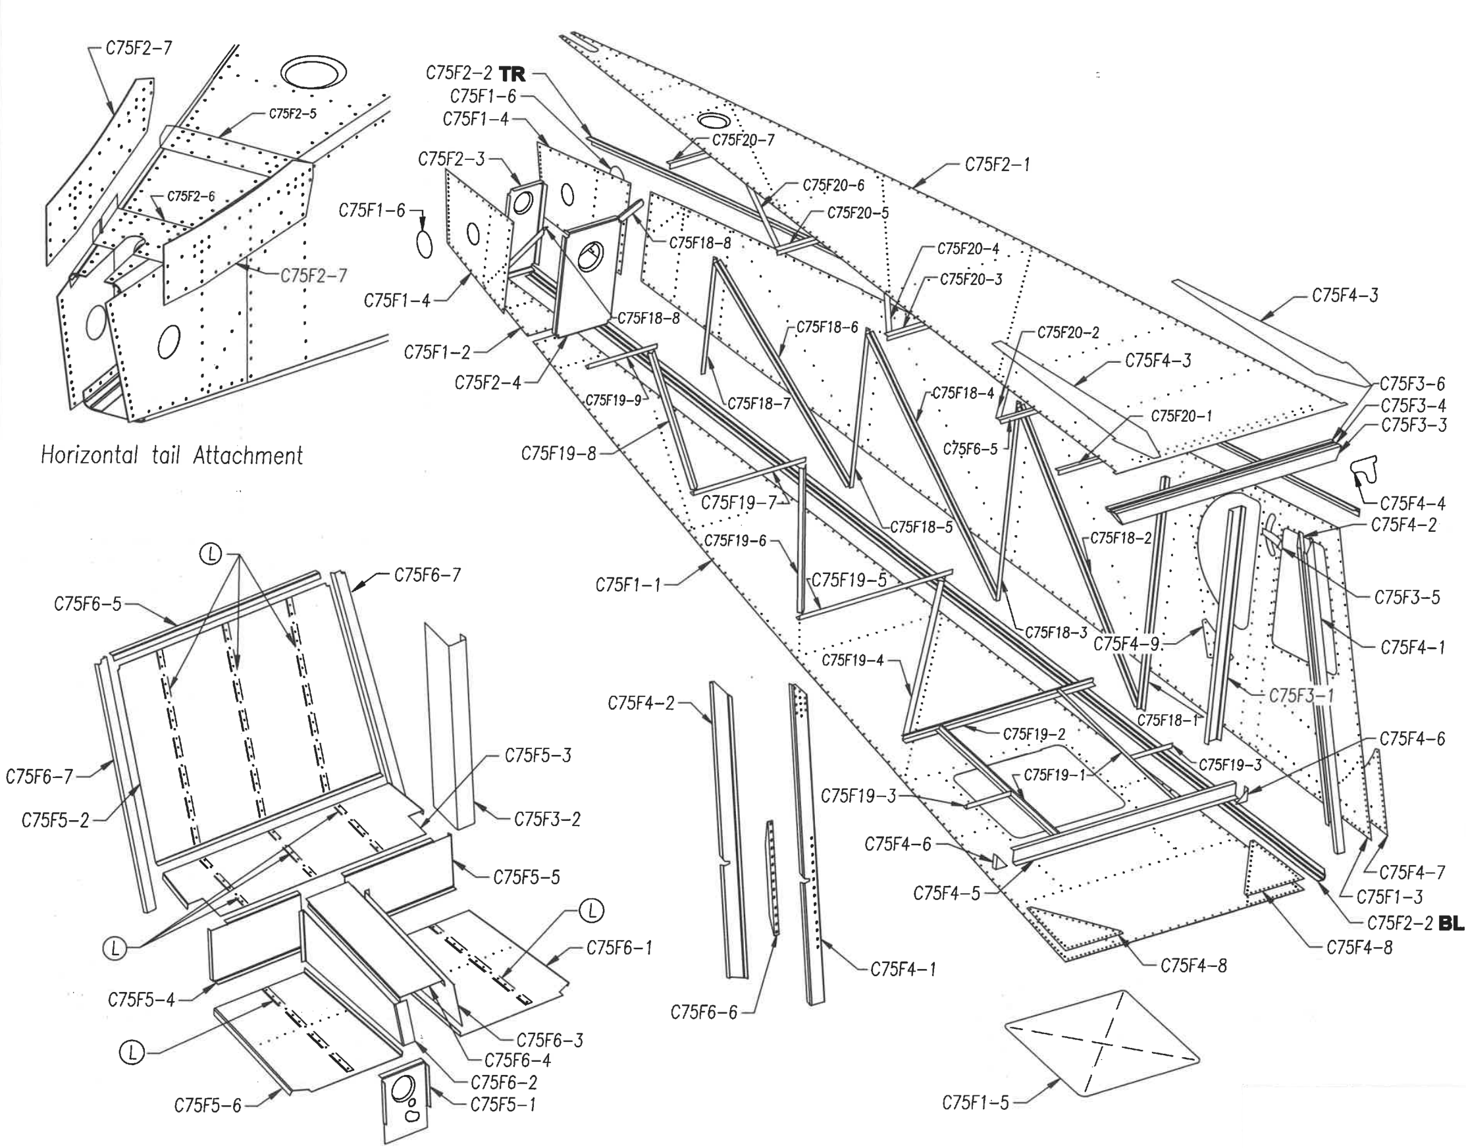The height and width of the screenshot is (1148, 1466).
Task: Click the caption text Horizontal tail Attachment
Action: click(x=172, y=455)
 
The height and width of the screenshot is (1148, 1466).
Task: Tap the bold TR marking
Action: click(x=512, y=73)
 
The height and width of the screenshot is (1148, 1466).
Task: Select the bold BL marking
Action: click(x=1451, y=924)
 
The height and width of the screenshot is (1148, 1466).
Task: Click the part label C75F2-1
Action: click(x=997, y=165)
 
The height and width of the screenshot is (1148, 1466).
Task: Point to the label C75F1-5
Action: click(x=976, y=1103)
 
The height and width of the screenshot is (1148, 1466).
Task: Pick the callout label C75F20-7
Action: click(x=743, y=140)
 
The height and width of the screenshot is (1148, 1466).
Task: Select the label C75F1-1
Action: click(x=629, y=585)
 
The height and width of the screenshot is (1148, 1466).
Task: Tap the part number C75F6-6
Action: click(x=704, y=1012)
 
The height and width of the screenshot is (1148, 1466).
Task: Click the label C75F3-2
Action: click(x=547, y=820)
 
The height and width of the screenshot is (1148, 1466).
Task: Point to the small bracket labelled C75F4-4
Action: click(x=1365, y=471)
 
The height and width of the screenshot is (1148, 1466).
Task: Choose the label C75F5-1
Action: click(x=503, y=1105)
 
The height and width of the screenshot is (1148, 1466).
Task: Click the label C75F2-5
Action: click(x=292, y=114)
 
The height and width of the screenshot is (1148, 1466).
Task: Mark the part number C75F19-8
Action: click(x=559, y=454)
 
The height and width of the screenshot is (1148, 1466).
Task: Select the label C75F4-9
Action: click(x=1126, y=644)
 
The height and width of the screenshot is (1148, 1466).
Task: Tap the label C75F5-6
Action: click(x=208, y=1106)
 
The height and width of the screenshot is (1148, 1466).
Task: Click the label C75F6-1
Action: click(x=619, y=948)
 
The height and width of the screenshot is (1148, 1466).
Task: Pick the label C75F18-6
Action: click(x=827, y=327)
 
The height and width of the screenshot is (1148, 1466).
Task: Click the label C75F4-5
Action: click(x=947, y=893)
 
